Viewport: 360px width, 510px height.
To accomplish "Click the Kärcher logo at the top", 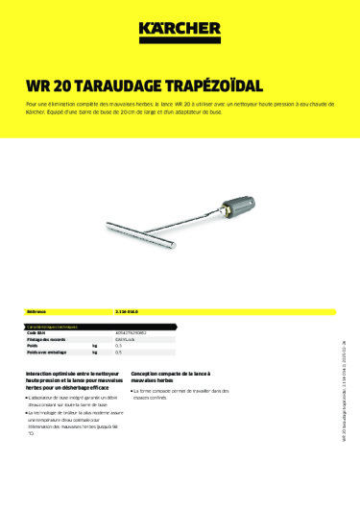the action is point(179,33).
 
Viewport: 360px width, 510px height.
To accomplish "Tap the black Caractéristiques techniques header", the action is point(57,327).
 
